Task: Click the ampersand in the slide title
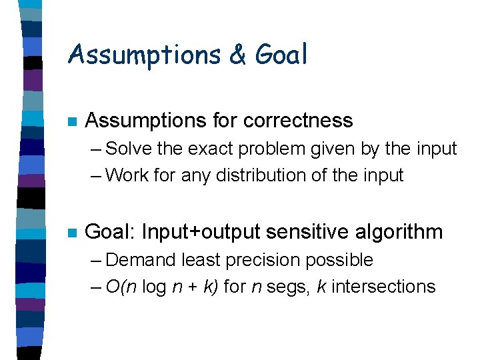pyautogui.click(x=237, y=55)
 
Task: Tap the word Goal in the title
pyautogui.click(x=281, y=55)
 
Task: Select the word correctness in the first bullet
pyautogui.click(x=298, y=121)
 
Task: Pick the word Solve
pyautogui.click(x=130, y=149)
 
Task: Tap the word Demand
pyautogui.click(x=139, y=260)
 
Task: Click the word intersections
pyautogui.click(x=383, y=287)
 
